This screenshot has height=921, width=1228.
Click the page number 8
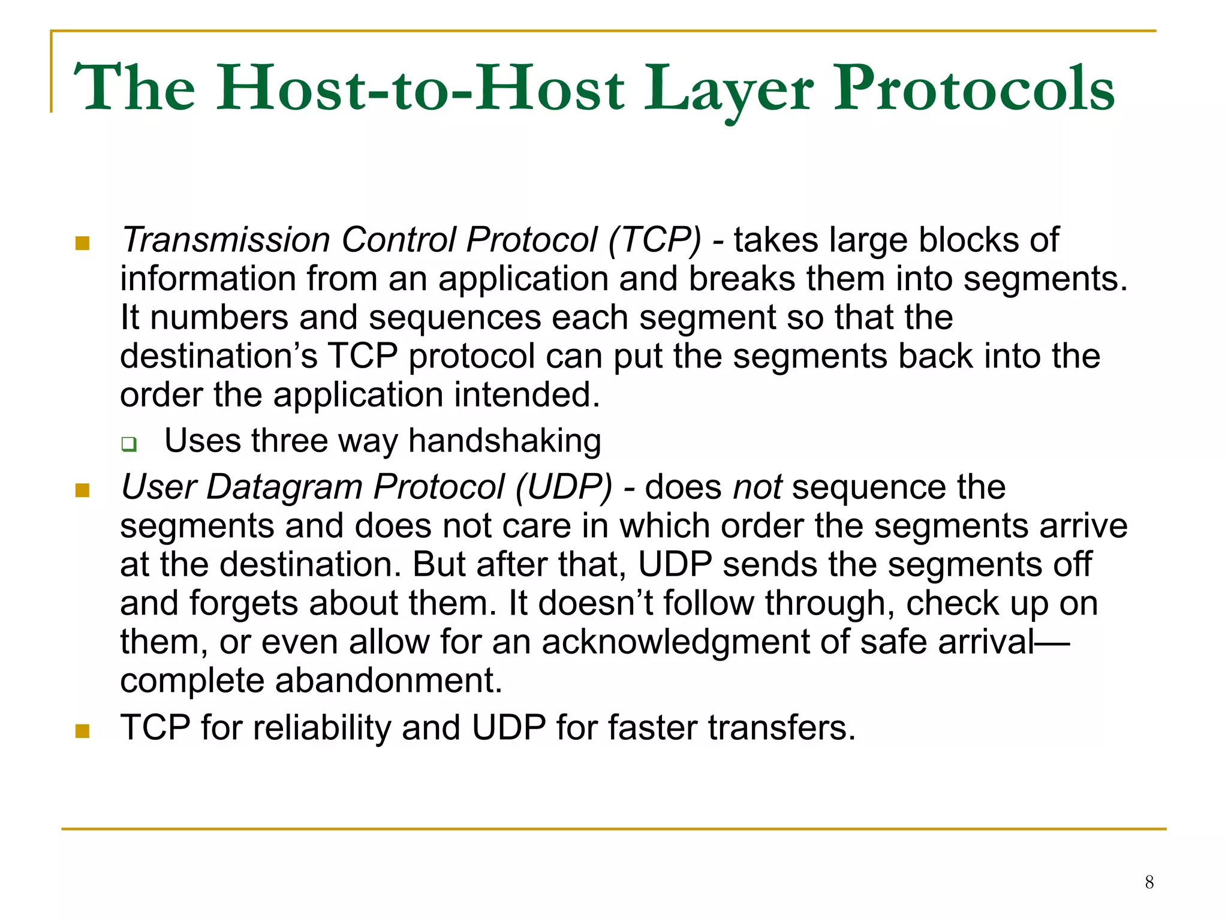1149,882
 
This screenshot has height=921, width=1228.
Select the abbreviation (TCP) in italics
654,240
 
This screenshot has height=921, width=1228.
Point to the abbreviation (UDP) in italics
564,486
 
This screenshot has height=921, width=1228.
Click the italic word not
757,486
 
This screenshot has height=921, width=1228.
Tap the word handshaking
504,441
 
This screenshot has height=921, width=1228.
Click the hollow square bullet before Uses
128,444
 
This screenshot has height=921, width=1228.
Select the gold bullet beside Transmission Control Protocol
82,243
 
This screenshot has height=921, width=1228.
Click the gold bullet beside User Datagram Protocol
82,490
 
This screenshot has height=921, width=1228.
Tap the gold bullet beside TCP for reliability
82,731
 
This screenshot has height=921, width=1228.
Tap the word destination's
218,356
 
